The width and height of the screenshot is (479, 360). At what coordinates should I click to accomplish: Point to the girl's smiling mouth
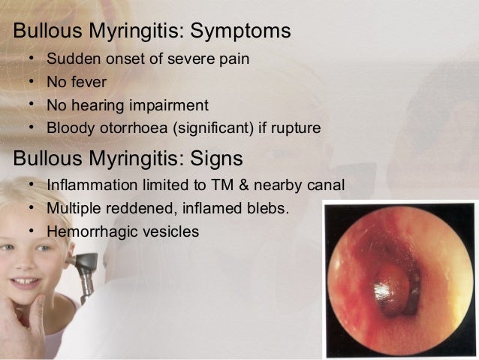coord(26,285)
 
